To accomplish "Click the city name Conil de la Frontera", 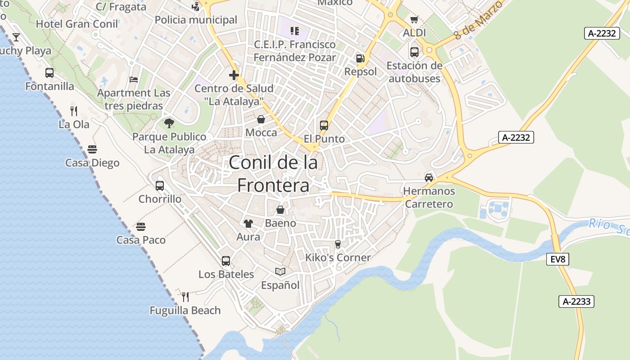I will (273, 174).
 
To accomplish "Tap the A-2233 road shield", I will (576, 301).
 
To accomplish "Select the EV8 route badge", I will (558, 259).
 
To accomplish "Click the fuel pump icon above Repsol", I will (360, 58).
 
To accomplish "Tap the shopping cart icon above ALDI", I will (414, 19).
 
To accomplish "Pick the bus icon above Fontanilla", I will (49, 73).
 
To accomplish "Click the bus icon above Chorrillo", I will (160, 185).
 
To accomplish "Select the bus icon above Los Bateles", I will (226, 261).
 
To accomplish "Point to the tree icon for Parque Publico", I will (169, 123).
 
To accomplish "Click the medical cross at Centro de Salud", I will (234, 75).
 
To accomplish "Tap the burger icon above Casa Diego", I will (92, 149).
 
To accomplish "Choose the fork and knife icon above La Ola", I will (74, 111).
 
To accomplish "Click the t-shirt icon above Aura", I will (248, 223).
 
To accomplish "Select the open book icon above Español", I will (280, 271).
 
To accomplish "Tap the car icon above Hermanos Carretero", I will (429, 177).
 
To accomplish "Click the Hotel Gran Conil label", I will (76, 24).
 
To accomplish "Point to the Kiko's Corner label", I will (338, 258).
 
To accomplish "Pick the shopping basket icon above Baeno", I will (280, 210).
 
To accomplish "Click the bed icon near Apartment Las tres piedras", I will (134, 80).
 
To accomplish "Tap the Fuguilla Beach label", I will (185, 310).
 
